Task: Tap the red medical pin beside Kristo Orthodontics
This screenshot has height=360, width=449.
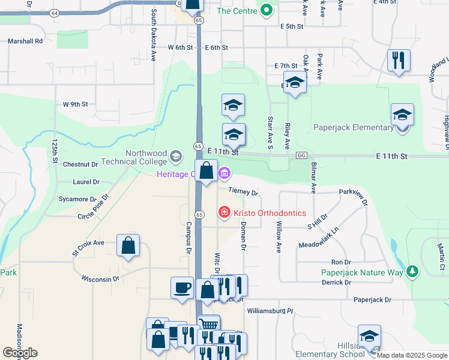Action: tap(224, 212)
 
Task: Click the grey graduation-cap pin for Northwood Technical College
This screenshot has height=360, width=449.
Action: tap(176, 157)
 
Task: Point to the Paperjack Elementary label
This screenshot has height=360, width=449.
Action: tap(353, 127)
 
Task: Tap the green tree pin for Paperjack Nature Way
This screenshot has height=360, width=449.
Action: tap(412, 271)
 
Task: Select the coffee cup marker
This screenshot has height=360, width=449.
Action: tap(182, 289)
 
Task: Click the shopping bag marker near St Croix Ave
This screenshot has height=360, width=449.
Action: tap(128, 246)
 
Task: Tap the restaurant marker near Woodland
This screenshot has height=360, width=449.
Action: tap(399, 61)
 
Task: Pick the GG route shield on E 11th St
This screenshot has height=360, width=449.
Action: tap(301, 155)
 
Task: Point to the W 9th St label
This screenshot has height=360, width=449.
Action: tap(76, 104)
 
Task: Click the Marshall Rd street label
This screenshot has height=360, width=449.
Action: tap(25, 41)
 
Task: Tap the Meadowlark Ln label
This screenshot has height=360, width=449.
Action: tap(319, 238)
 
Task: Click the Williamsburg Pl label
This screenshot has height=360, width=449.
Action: tap(270, 311)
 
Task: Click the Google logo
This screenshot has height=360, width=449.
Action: tap(19, 353)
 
